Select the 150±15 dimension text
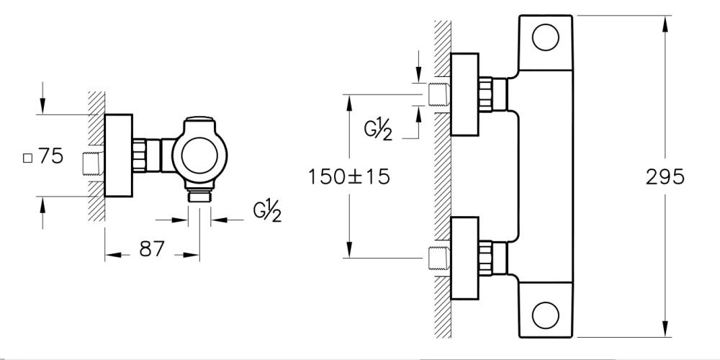(x=348, y=176)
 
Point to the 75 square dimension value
(x=51, y=156)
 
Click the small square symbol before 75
(x=28, y=157)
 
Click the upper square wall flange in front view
(x=464, y=94)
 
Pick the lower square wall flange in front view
(x=464, y=258)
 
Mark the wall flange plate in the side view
(x=119, y=156)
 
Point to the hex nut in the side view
(x=141, y=155)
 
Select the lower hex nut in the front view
(x=487, y=256)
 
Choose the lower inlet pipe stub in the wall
(x=438, y=257)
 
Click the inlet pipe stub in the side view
(x=93, y=163)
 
